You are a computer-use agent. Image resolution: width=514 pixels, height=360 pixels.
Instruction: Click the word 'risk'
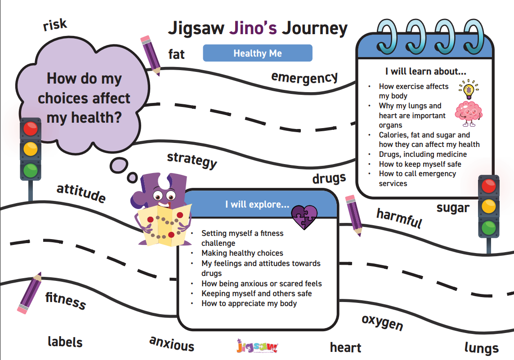pos(55,25)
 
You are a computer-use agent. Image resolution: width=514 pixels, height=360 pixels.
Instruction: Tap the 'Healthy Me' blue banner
pos(258,53)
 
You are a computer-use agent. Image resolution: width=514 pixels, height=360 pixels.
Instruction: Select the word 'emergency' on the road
pos(304,78)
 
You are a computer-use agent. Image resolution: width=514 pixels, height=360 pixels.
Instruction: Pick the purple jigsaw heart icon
pos(304,217)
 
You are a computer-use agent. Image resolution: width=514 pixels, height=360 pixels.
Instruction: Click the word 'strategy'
pos(192,160)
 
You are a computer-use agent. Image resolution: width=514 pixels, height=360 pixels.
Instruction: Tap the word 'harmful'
pos(399,218)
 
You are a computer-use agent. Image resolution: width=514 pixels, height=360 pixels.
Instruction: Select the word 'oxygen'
pos(382,322)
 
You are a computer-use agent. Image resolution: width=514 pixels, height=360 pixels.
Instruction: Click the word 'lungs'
pos(482,347)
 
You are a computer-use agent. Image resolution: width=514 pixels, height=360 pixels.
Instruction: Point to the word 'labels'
pos(65,342)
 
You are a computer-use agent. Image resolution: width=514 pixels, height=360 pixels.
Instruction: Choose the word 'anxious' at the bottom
pos(172,344)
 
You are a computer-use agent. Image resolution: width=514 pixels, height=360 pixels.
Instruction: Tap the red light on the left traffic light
pos(31,129)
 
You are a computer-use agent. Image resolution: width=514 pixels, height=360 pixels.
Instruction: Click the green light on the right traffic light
pos(488,227)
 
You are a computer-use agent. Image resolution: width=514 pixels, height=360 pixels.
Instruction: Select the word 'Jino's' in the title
pos(253,28)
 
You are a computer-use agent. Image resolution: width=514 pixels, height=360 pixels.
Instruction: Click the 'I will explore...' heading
pos(257,204)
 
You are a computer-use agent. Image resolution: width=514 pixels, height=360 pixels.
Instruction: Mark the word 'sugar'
pos(453,208)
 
